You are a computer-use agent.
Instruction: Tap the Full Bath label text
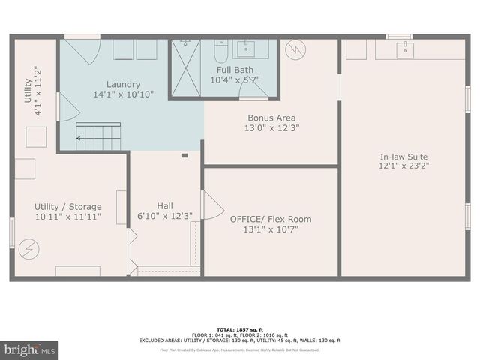point(224,70)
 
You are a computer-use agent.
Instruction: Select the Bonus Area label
point(271,118)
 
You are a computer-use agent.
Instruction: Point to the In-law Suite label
point(403,157)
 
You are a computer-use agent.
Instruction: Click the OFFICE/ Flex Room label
point(271,219)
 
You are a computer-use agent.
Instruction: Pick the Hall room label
point(166,205)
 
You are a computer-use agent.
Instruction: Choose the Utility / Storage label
point(67,206)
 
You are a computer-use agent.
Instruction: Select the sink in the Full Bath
point(250,50)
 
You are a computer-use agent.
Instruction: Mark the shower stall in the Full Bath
point(189,67)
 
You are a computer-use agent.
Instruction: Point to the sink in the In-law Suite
point(406,49)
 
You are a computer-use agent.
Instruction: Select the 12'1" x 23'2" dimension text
point(403,167)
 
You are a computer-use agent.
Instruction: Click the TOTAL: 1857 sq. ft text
point(240,329)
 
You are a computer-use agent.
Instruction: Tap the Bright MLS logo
point(29,349)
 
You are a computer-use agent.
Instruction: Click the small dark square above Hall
point(184,156)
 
